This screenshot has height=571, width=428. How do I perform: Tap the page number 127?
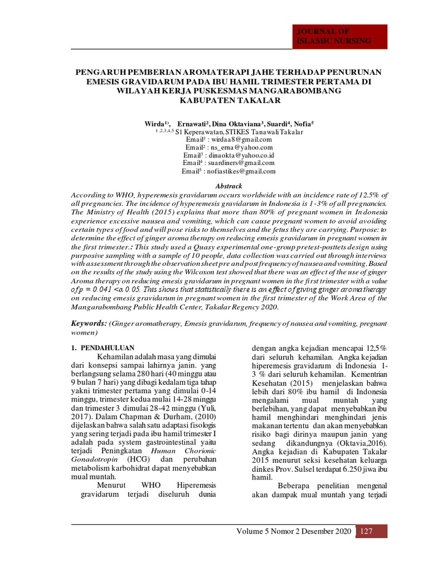(x=366, y=531)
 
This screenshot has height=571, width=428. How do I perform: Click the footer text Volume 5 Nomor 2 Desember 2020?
(x=294, y=531)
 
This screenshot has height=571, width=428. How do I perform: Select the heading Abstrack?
(x=229, y=186)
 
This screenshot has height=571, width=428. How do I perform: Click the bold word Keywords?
(x=89, y=323)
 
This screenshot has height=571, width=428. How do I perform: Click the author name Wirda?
(x=155, y=123)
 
